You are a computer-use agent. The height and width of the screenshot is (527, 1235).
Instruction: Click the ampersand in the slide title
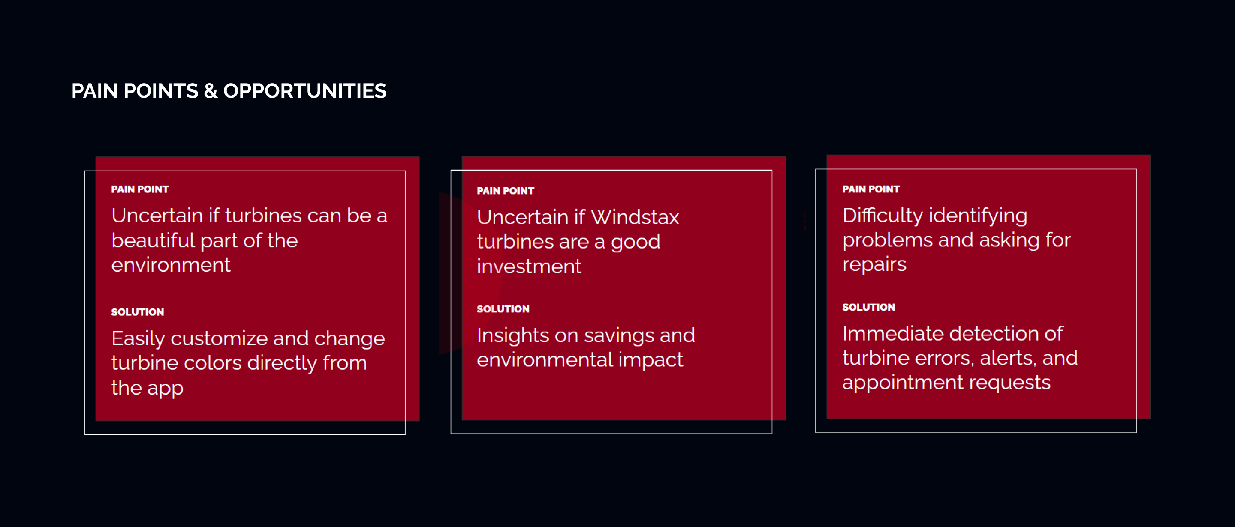(211, 91)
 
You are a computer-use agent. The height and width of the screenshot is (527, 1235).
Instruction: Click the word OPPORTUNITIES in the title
(305, 91)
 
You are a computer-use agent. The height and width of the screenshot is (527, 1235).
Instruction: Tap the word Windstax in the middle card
(635, 217)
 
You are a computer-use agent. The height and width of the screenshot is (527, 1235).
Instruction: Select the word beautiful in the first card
(153, 240)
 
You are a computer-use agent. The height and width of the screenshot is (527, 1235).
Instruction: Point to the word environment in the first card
(171, 265)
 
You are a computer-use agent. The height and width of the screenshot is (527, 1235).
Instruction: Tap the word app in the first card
(165, 389)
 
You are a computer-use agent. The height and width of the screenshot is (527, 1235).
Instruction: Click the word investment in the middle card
(529, 266)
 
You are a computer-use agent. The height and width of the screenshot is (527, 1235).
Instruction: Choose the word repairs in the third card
(874, 265)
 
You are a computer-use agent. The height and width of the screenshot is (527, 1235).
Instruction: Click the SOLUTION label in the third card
(868, 307)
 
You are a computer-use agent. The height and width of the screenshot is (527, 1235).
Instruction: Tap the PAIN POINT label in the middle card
(505, 191)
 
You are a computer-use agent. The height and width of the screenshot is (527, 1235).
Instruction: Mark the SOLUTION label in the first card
(137, 312)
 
